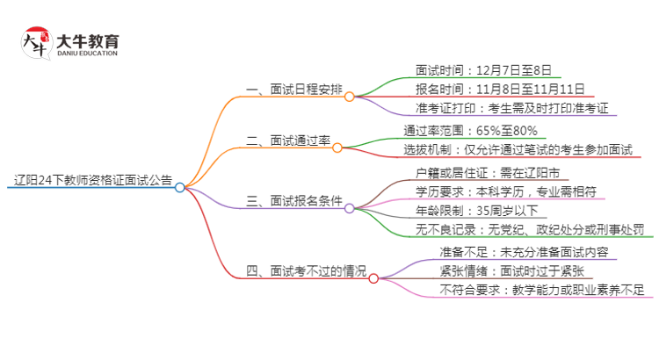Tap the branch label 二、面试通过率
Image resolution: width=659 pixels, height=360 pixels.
pyautogui.click(x=288, y=140)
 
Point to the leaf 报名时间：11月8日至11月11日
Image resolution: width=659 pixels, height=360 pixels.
pyautogui.click(x=498, y=90)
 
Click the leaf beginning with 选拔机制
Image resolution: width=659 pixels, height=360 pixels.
pyautogui.click(x=518, y=150)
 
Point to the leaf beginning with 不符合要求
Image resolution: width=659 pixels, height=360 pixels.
pyautogui.click(x=541, y=290)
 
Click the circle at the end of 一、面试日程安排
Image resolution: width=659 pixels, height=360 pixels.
pyautogui.click(x=349, y=97)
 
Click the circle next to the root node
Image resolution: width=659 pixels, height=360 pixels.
pyautogui.click(x=180, y=187)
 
